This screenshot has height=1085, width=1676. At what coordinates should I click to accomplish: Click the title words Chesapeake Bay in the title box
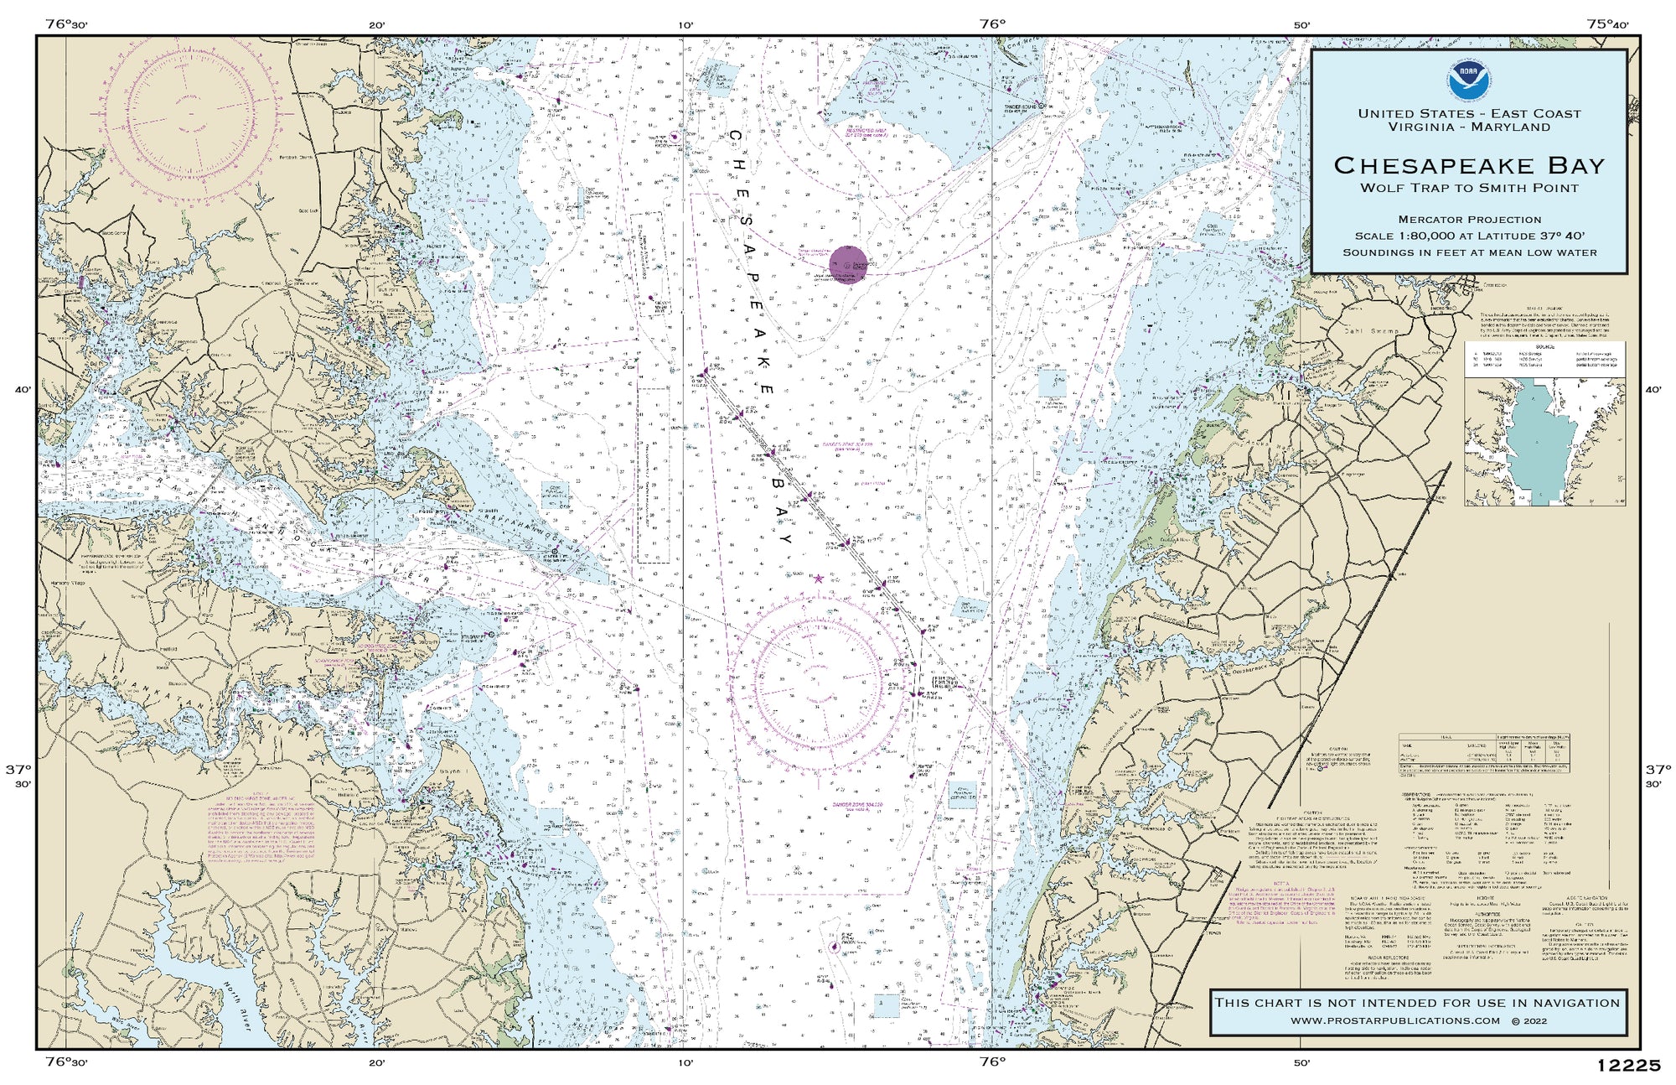(1469, 165)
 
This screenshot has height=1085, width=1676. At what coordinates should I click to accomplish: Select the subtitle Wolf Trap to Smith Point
(1469, 188)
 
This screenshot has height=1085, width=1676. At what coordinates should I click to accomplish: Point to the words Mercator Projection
(1469, 220)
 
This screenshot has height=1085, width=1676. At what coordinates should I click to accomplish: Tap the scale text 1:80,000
(1425, 236)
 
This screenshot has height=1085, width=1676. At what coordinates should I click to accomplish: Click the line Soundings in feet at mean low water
(1469, 252)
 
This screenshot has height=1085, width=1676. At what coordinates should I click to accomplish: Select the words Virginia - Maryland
(1469, 127)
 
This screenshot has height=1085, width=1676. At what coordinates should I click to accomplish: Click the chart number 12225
(1628, 1066)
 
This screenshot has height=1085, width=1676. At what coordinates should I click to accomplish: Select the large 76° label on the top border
(991, 23)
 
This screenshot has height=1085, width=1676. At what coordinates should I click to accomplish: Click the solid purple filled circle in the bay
(847, 265)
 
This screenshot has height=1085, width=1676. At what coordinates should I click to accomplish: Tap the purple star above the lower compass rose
(818, 578)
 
